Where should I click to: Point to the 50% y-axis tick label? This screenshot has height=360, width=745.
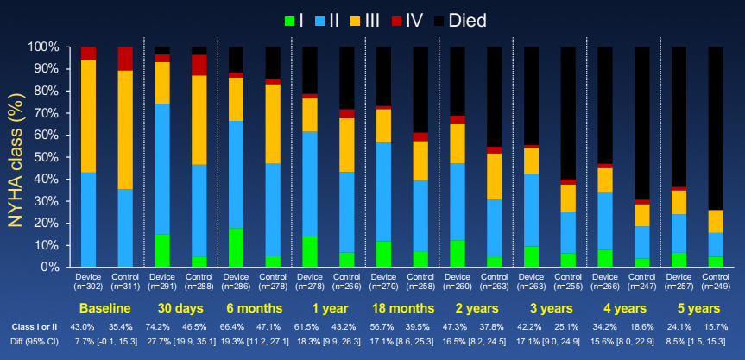point(43,157)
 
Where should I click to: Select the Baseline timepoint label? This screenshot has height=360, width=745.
point(106,308)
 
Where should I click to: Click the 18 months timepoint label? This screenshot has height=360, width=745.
point(402,308)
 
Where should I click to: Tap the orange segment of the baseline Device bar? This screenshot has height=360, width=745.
point(88,116)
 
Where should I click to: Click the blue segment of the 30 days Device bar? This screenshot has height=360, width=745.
point(162,168)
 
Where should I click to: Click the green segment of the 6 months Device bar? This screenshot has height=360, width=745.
point(236,247)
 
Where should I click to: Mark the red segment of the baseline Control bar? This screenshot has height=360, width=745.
point(125,58)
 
